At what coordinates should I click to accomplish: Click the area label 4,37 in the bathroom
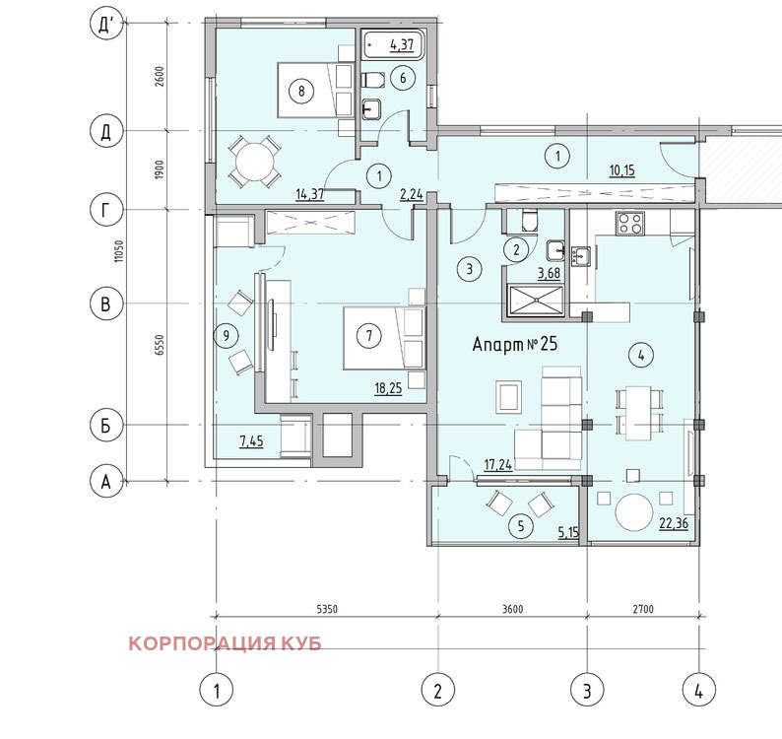402,45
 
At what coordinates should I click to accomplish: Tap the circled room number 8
301,91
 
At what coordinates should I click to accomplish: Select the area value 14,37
309,193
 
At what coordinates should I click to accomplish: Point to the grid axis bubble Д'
105,24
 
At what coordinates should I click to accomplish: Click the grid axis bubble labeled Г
105,210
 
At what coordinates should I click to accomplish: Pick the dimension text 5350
327,609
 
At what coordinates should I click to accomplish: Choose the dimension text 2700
643,609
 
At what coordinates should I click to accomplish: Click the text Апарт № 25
515,344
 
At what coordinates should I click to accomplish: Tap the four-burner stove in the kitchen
630,224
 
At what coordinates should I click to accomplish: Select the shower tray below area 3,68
536,301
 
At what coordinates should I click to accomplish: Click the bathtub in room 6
394,44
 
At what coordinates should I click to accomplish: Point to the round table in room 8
255,162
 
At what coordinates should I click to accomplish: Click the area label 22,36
674,523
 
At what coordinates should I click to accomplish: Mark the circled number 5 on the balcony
521,525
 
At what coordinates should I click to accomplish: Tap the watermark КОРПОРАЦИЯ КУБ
225,643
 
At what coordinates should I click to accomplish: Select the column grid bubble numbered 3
587,691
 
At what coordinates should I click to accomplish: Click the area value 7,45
251,441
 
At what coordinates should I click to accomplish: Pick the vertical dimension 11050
118,251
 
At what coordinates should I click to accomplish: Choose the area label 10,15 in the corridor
621,170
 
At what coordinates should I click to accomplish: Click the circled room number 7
369,335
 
